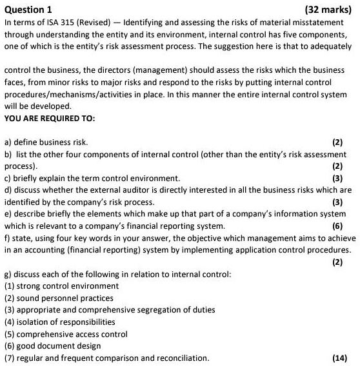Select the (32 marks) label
(330, 10)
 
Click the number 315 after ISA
(58, 23)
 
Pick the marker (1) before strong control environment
(10, 285)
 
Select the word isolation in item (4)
(35, 322)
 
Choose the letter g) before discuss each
(8, 274)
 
